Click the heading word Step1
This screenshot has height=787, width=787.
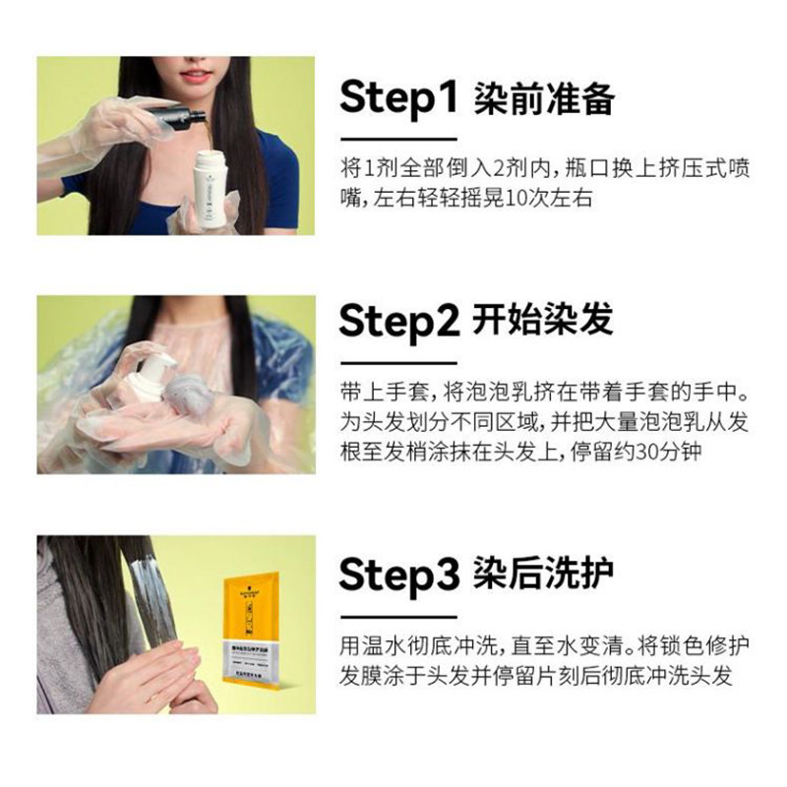[x=399, y=98]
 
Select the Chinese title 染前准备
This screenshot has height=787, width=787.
[x=543, y=98]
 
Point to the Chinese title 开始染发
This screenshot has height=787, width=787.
[x=543, y=320]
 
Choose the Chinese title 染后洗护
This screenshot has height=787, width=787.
[x=543, y=573]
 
